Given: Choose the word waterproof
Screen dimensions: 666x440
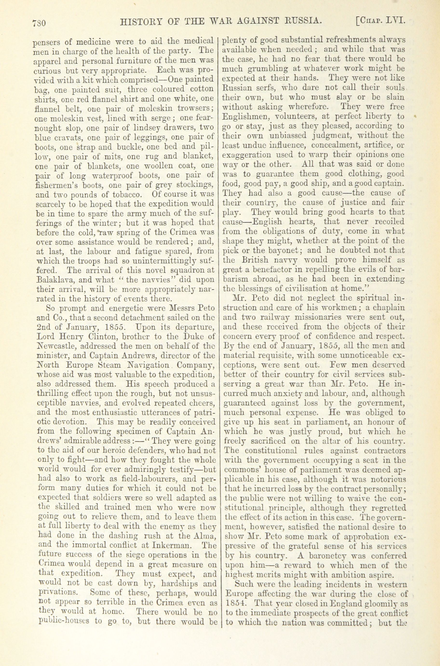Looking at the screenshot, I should click(114, 176).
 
